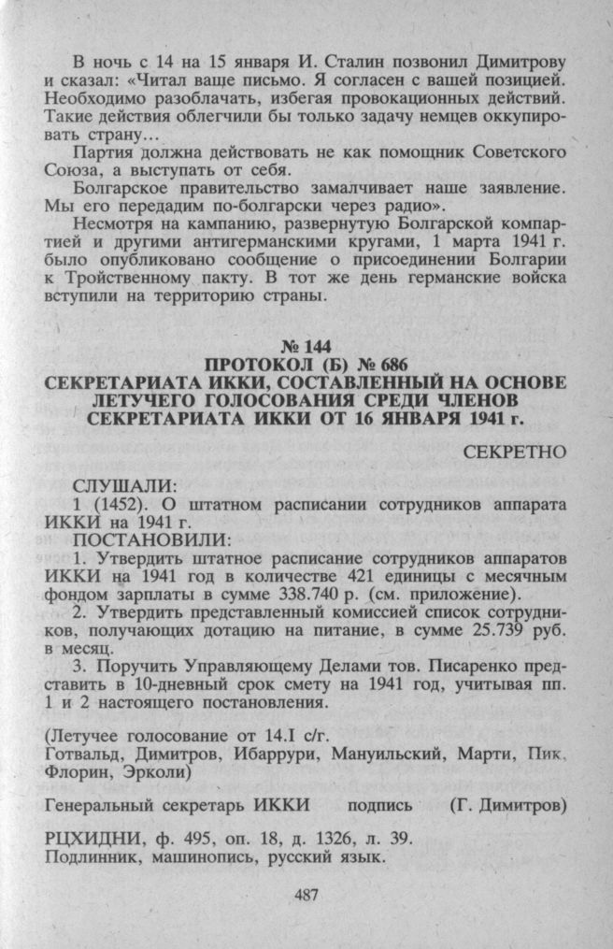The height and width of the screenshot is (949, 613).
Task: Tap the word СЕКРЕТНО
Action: point(516,452)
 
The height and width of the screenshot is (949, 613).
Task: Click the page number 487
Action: point(306,896)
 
